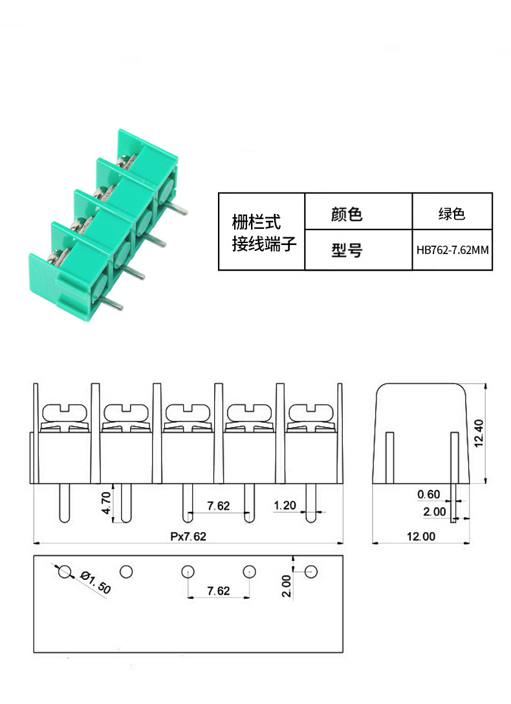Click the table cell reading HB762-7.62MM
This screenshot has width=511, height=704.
pos(452,250)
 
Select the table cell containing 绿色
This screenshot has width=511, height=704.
pos(452,211)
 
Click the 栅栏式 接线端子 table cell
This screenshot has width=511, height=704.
pos(261,231)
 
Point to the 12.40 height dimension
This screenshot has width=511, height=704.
pos(479,433)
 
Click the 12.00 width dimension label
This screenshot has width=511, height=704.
pos(421,536)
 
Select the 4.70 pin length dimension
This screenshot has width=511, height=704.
pos(106,503)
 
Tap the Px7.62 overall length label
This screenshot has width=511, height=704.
pos(188,536)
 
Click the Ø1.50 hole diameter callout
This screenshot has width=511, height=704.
pos(95,582)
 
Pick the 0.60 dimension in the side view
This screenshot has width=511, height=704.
pos(428,495)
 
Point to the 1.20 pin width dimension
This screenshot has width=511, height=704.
pos(285,505)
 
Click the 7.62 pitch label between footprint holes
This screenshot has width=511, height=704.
pos(219,591)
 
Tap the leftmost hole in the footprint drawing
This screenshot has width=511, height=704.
pos(65,572)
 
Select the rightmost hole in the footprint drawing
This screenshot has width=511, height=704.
pos(311,572)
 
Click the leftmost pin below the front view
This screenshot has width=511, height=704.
pos(64,503)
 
